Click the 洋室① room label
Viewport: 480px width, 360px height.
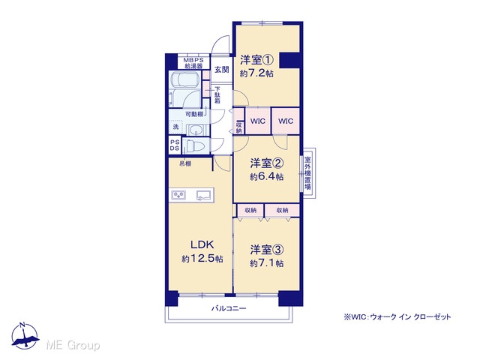click(256, 60)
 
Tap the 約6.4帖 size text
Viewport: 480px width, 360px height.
click(267, 177)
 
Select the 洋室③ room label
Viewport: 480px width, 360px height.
click(266, 250)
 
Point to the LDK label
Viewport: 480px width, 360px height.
click(202, 245)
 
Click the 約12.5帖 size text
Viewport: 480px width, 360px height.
click(202, 259)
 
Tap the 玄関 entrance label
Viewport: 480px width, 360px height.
click(221, 70)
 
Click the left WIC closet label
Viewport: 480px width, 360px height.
click(258, 121)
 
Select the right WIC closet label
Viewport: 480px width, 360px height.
click(286, 121)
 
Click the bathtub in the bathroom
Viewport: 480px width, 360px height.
click(185, 79)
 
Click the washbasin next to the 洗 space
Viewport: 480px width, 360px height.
click(194, 130)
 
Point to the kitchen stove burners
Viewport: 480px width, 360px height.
click(178, 195)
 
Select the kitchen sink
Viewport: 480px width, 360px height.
click(205, 195)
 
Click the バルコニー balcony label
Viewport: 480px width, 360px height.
click(229, 308)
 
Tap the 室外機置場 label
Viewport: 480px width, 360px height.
click(307, 173)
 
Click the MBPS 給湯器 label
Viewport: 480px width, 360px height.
click(193, 63)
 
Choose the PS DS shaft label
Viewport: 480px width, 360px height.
click(175, 145)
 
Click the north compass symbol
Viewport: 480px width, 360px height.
click(25, 336)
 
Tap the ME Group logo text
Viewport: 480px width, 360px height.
click(73, 345)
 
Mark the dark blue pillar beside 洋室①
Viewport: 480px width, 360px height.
click(289, 60)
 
